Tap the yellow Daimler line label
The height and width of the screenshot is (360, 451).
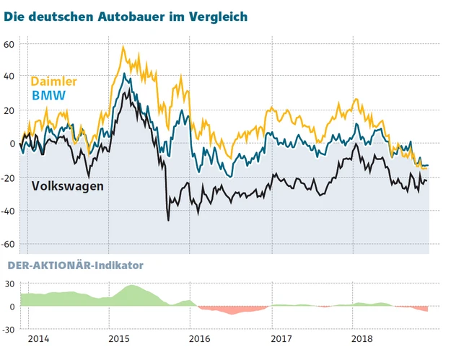tap(53, 82)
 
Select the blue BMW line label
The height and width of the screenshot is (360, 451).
tap(48, 95)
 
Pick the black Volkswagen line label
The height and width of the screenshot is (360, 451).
tap(68, 185)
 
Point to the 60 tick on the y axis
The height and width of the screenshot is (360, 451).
tap(9, 44)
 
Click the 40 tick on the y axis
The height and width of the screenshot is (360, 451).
tap(9, 76)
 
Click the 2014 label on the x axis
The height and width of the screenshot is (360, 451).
tap(39, 338)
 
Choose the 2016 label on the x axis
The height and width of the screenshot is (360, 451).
tap(199, 338)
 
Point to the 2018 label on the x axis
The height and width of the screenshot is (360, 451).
tap(360, 338)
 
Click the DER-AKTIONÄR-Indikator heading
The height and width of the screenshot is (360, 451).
tap(74, 265)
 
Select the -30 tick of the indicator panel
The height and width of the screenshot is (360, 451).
tap(10, 329)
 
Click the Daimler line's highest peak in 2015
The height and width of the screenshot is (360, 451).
tap(123, 47)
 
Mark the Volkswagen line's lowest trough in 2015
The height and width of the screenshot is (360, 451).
tap(169, 219)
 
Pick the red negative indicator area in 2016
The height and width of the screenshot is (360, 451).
tap(231, 310)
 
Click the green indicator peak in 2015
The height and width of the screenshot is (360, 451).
tap(132, 286)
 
